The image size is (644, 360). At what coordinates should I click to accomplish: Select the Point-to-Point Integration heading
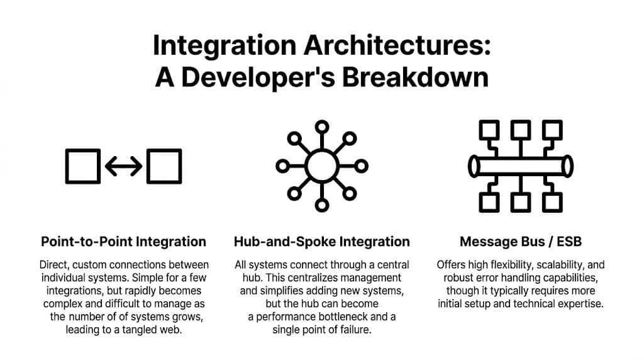tap(123, 242)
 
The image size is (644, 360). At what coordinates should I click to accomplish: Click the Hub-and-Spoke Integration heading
tap(321, 242)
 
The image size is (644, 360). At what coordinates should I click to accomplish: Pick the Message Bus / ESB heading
tap(520, 242)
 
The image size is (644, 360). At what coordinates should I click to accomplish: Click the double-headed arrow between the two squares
tap(123, 166)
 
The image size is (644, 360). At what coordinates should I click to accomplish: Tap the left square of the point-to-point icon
tap(82, 166)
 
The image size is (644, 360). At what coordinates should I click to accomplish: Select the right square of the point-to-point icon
tap(164, 166)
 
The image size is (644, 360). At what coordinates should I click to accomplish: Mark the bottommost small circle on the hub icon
tap(321, 206)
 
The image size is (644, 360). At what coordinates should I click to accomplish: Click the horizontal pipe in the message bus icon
tap(520, 166)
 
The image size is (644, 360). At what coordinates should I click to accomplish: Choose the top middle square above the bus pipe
tap(520, 130)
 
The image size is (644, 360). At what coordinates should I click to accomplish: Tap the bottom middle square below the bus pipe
tap(520, 201)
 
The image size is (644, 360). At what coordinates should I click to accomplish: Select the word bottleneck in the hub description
tap(353, 317)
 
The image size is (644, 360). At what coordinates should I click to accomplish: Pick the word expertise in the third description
tap(582, 303)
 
